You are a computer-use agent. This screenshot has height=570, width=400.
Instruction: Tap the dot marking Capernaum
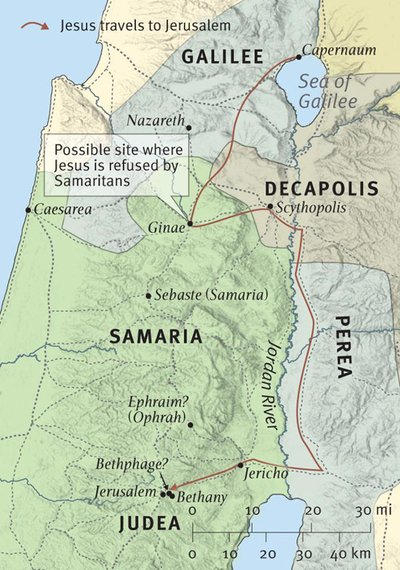[298, 57]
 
